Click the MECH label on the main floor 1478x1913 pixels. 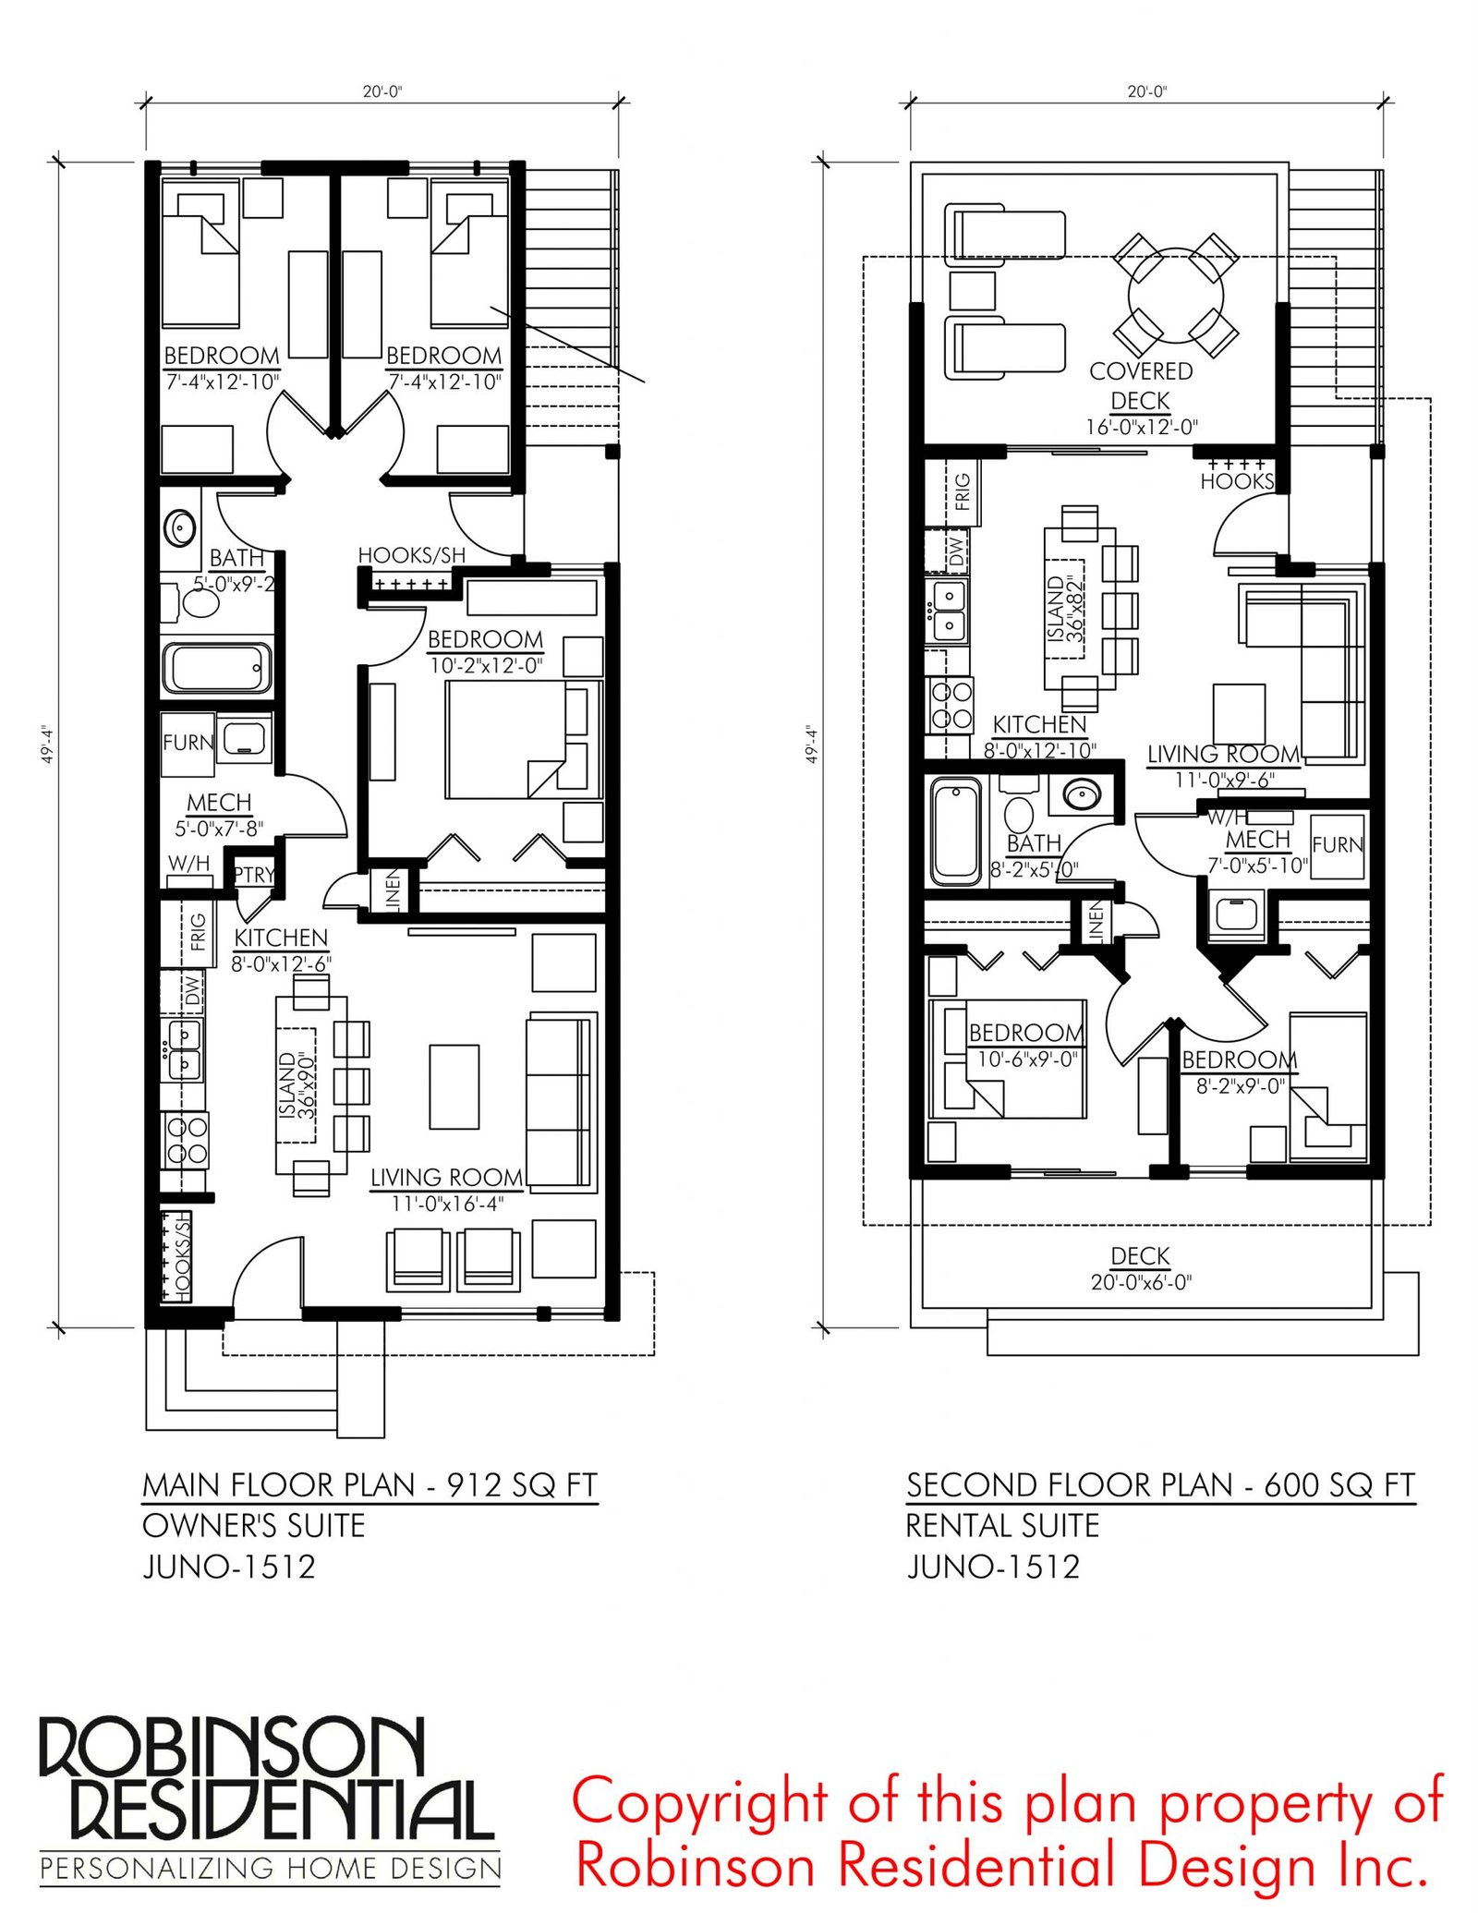219,802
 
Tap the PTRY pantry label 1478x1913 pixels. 253,874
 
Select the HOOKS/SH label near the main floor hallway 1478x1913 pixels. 411,555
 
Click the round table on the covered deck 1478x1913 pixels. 1175,296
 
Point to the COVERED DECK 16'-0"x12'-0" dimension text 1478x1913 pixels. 1141,426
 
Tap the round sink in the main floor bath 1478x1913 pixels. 179,528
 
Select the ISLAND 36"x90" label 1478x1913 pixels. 297,1085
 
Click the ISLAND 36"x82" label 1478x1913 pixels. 1065,609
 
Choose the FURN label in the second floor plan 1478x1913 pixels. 1338,844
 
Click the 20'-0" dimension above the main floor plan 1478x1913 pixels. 382,91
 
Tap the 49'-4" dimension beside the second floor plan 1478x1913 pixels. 812,744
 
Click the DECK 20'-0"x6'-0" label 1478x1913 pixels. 1141,1268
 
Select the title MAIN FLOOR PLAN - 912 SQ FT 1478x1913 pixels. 370,1484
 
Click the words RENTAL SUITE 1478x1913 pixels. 1002,1525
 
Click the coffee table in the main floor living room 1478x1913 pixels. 454,1086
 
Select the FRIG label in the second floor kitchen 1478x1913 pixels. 963,491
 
